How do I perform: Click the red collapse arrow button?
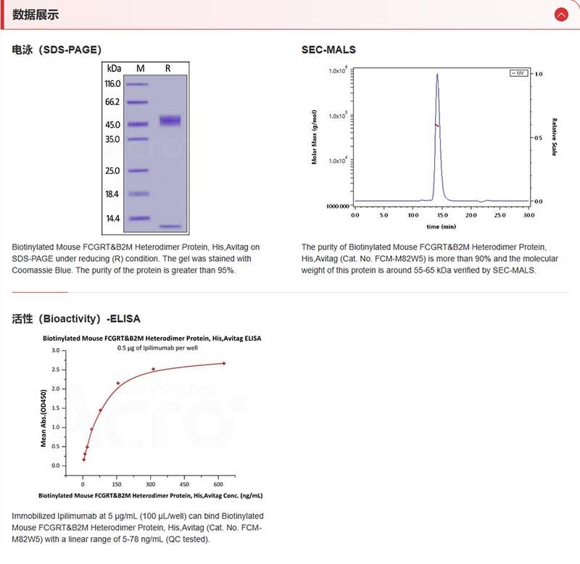coord(560,14)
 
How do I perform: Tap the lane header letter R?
coord(168,67)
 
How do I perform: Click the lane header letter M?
coord(141,67)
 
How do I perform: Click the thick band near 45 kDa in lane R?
coord(170,120)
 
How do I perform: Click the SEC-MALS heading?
coord(328,50)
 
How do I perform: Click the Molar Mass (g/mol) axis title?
coord(315,137)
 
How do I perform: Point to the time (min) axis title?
coord(442,227)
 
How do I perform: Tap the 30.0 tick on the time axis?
coord(529,215)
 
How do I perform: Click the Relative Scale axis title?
coord(554,137)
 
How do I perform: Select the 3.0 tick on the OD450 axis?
coord(55,350)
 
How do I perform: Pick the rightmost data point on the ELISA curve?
coord(223,363)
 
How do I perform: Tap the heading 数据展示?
coord(36,14)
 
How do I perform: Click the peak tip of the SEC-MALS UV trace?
coord(437,73)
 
